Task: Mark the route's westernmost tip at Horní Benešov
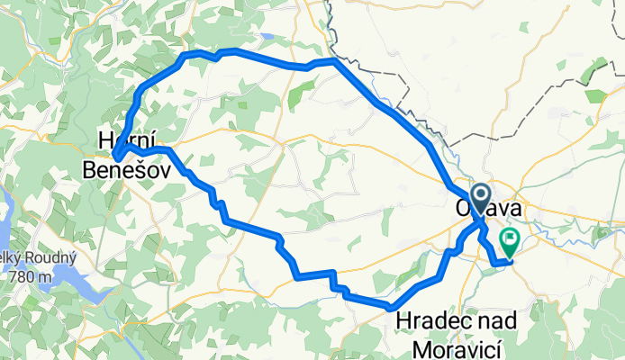pyautogui.click(x=116, y=159)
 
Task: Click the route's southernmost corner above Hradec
pyautogui.click(x=391, y=308)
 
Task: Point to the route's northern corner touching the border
pyautogui.click(x=333, y=60)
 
